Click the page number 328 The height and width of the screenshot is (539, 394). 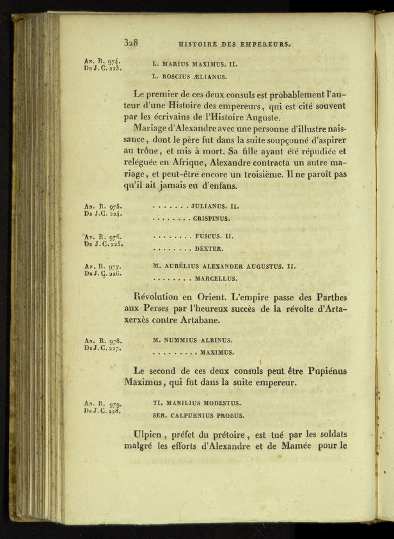[132, 43]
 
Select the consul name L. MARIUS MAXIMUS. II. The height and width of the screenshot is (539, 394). [195, 65]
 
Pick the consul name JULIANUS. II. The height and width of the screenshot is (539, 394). [215, 206]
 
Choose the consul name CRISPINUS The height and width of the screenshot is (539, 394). [211, 218]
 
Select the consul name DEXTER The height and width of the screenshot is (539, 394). [209, 248]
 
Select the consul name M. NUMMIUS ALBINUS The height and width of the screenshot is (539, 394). [193, 340]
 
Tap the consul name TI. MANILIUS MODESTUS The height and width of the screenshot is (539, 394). [196, 403]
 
